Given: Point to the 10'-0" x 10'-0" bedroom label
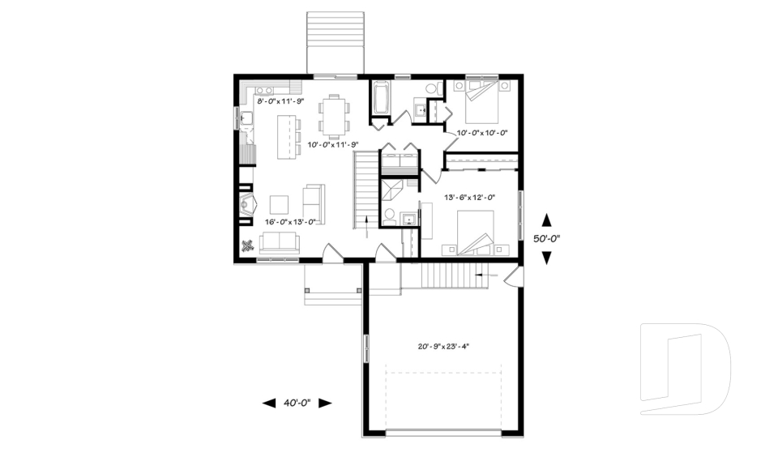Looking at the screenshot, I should pyautogui.click(x=481, y=132).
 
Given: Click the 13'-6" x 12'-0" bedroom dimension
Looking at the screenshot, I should pyautogui.click(x=468, y=197).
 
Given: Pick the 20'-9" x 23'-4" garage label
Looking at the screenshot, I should pyautogui.click(x=443, y=346).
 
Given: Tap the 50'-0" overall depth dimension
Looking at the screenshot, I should pyautogui.click(x=546, y=239).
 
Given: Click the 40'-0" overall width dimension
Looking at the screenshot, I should pyautogui.click(x=297, y=403).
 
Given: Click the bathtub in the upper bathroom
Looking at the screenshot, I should pyautogui.click(x=380, y=100).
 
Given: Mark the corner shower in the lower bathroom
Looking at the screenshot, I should pyautogui.click(x=393, y=192).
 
